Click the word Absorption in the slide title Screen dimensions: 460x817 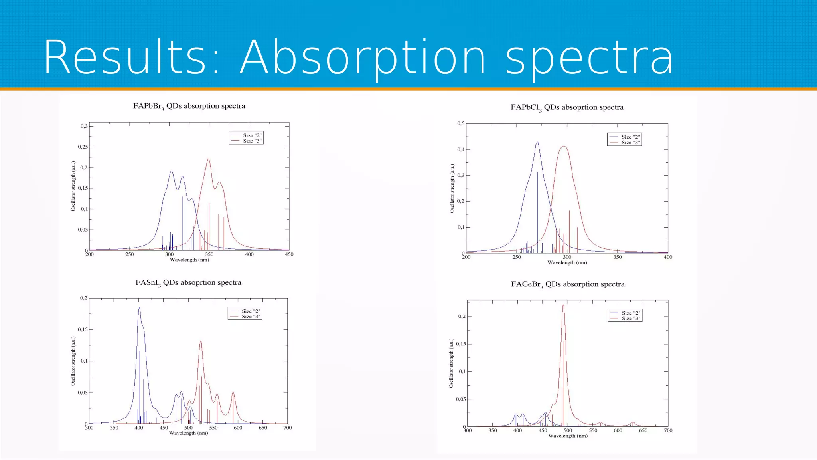pos(362,58)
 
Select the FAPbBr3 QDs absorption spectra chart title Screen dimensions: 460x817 pos(189,106)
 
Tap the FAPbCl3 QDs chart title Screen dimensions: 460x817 pos(567,107)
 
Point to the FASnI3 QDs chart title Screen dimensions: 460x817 pos(188,283)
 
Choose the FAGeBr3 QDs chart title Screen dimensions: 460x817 pos(568,284)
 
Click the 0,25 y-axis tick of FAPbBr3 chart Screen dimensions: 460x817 pos(83,147)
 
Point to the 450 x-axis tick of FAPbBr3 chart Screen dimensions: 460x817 pos(289,254)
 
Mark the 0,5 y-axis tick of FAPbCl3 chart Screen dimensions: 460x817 pos(461,123)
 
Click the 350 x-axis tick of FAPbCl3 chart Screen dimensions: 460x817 pos(617,257)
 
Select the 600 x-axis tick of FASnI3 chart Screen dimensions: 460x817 pos(238,428)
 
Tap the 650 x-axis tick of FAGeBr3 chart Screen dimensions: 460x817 pos(643,430)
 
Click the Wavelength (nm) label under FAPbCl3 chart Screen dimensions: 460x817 pos(567,263)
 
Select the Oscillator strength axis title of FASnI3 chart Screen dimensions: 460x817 pos(73,361)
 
